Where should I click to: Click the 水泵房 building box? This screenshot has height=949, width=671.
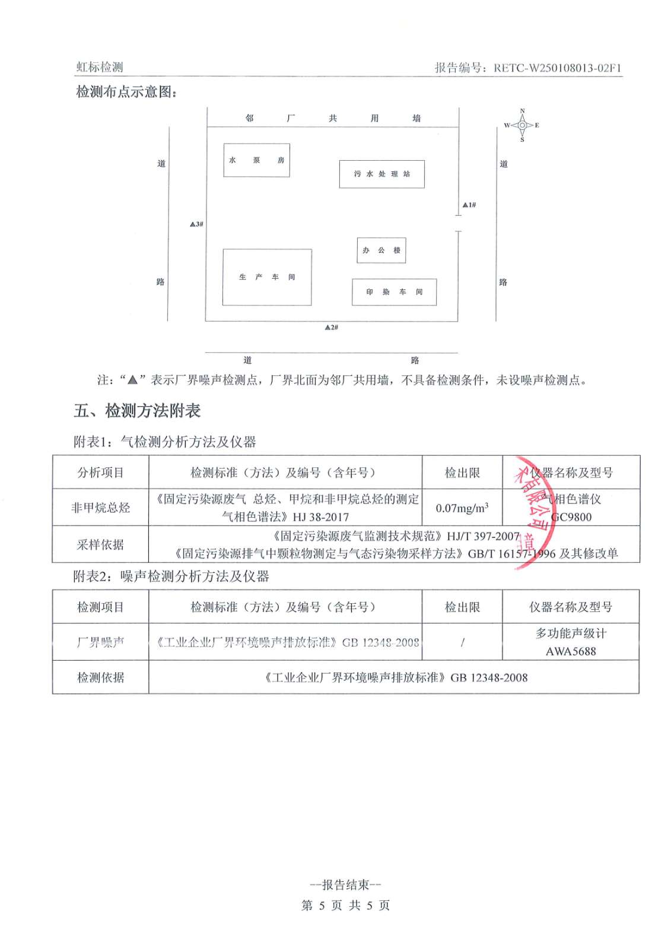(256, 160)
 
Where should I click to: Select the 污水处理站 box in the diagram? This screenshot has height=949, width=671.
(381, 174)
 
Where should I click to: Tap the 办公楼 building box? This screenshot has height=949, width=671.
(381, 250)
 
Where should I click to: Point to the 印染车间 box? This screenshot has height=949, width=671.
(394, 292)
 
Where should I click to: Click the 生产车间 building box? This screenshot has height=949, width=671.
(267, 277)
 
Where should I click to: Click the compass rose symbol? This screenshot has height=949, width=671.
(522, 125)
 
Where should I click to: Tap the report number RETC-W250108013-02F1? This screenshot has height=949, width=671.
(557, 68)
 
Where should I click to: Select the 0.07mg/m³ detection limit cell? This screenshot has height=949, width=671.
(462, 508)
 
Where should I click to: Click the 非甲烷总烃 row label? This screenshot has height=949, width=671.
(100, 508)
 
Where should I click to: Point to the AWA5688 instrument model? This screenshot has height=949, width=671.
(571, 651)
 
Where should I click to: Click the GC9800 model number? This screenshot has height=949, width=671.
(571, 517)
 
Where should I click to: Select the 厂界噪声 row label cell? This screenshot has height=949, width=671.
(100, 642)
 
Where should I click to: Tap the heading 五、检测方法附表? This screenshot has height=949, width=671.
(137, 410)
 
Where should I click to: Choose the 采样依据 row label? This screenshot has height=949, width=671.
(100, 544)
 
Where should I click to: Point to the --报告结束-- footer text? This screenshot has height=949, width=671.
(345, 885)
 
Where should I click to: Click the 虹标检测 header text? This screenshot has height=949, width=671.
(100, 67)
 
